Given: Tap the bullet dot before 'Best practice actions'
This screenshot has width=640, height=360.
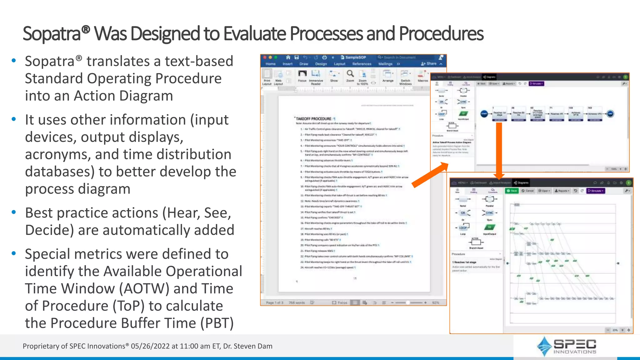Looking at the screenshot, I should (x=14, y=212).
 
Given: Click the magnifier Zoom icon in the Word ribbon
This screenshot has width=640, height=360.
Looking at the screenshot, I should (x=350, y=74).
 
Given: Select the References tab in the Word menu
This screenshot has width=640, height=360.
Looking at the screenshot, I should (x=362, y=64).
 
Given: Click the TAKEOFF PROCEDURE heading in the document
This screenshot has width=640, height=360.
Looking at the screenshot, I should (x=313, y=119).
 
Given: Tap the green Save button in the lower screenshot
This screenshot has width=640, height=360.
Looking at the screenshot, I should (x=512, y=191).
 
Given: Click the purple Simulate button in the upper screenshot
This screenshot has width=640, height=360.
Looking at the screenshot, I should (x=537, y=84).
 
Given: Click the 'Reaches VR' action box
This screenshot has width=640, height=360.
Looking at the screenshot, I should (x=557, y=114).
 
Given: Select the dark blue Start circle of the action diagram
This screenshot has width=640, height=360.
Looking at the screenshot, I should (x=484, y=114).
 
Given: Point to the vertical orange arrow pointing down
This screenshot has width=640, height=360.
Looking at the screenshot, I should (x=499, y=150).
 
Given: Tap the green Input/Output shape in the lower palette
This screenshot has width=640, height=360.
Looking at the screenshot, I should (x=489, y=227).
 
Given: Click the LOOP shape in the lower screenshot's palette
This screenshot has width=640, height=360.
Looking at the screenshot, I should (x=463, y=227).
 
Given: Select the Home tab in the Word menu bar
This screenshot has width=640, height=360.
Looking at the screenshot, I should (x=271, y=64).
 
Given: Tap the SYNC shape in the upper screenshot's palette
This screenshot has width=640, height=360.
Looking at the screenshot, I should (x=463, y=102).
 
